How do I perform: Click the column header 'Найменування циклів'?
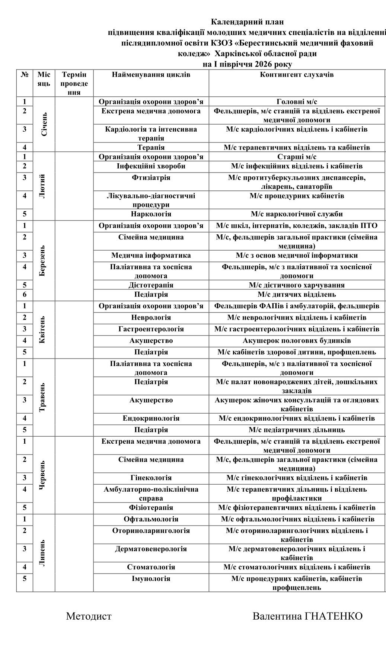pyautogui.click(x=151, y=75)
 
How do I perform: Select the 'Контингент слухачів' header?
pyautogui.click(x=297, y=75)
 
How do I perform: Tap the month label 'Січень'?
pyautogui.click(x=44, y=124)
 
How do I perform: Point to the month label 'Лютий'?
pyautogui.click(x=44, y=186)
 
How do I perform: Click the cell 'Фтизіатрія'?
pyautogui.click(x=151, y=178)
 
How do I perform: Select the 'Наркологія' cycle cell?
pyautogui.click(x=151, y=214)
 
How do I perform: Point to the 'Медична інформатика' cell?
pyautogui.click(x=151, y=256)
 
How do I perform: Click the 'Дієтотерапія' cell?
pyautogui.click(x=151, y=285)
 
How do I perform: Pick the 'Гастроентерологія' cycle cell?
pyautogui.click(x=151, y=329)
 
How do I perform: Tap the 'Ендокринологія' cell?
pyautogui.click(x=151, y=418)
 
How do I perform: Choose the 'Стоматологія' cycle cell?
pyautogui.click(x=151, y=567)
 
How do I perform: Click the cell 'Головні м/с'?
pyautogui.click(x=297, y=102)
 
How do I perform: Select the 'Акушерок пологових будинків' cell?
pyautogui.click(x=297, y=341)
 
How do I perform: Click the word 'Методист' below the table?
pyautogui.click(x=89, y=616)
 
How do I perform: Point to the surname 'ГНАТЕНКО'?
pyautogui.click(x=334, y=616)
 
